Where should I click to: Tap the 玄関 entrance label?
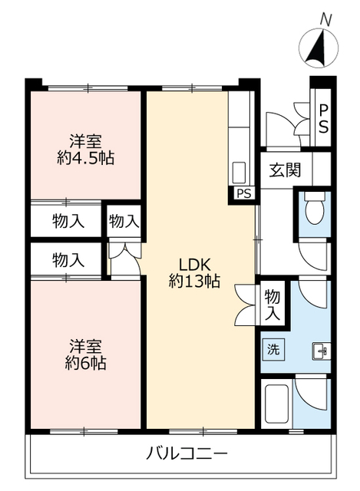pyautogui.click(x=285, y=171)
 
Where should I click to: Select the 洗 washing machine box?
pyautogui.click(x=273, y=348)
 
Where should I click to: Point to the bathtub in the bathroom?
pyautogui.click(x=276, y=404)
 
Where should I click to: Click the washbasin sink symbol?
pyautogui.click(x=321, y=351)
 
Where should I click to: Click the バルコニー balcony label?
pyautogui.click(x=181, y=450)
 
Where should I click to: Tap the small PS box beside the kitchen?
pyautogui.click(x=243, y=193)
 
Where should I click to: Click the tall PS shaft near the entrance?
pyautogui.click(x=323, y=119)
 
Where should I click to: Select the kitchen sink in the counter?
pyautogui.click(x=239, y=170)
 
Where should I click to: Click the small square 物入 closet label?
pyautogui.click(x=124, y=221)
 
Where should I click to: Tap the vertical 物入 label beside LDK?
pyautogui.click(x=271, y=305)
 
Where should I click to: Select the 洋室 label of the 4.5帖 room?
pyautogui.click(x=86, y=141)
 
